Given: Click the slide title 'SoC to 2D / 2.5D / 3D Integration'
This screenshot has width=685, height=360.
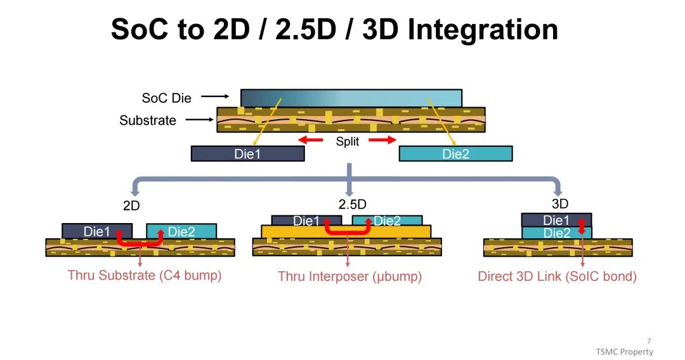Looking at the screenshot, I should [334, 29].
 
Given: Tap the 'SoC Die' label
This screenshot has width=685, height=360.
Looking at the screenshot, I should [166, 98].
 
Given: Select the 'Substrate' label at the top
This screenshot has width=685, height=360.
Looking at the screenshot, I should [148, 120].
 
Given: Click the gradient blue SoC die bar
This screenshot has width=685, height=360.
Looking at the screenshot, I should [351, 98].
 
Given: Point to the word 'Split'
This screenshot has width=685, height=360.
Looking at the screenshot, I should [347, 141].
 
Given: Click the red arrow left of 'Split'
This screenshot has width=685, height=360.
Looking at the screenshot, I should [311, 140].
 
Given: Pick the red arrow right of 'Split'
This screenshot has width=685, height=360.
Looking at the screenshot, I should [383, 140].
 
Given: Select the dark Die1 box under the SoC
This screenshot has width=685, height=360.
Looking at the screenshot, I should [247, 153].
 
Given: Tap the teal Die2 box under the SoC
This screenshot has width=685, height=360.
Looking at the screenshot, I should [455, 153].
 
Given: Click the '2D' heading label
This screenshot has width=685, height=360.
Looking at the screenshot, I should [131, 205].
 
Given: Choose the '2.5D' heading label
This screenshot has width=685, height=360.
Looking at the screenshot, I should [353, 204].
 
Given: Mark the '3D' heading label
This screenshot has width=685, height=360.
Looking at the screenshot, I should [560, 203].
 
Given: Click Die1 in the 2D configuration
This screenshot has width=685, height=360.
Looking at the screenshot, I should [97, 231].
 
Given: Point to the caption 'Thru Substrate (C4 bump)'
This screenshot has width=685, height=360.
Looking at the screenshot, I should [145, 276].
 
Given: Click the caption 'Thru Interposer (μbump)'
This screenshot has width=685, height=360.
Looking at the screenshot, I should [349, 276].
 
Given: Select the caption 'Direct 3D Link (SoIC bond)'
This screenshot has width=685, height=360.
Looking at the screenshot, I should [557, 276].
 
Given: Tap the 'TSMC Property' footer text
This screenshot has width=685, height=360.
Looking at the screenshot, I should [623, 352].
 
